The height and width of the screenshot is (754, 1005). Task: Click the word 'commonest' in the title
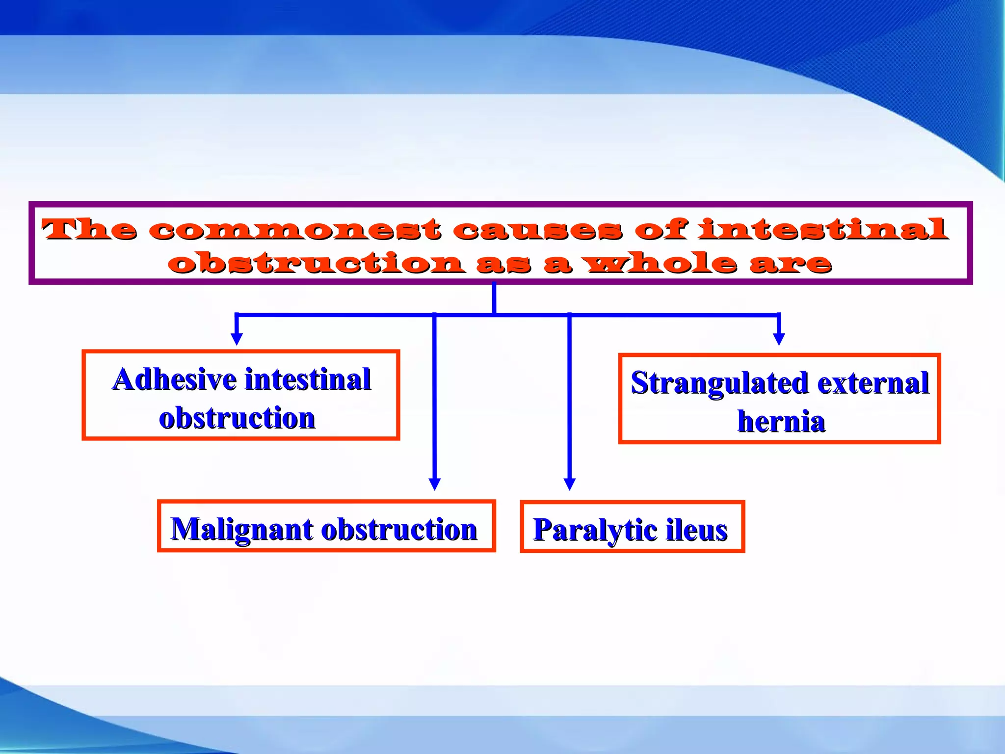[294, 230]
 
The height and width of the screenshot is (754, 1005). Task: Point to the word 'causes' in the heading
[537, 230]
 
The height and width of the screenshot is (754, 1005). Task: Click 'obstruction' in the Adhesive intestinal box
[237, 418]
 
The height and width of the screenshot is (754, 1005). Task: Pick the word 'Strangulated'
[719, 383]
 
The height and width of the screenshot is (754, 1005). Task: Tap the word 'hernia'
[781, 422]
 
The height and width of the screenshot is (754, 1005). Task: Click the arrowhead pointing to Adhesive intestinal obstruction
[237, 339]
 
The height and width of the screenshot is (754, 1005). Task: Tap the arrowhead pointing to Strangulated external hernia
[779, 339]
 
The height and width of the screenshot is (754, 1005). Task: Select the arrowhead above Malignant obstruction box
[434, 484]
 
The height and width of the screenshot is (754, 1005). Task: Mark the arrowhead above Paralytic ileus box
[569, 484]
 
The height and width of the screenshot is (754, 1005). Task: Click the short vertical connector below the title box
[494, 298]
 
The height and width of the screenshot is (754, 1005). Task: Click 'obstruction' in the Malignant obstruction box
[398, 530]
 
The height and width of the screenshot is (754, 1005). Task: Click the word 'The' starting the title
[89, 230]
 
